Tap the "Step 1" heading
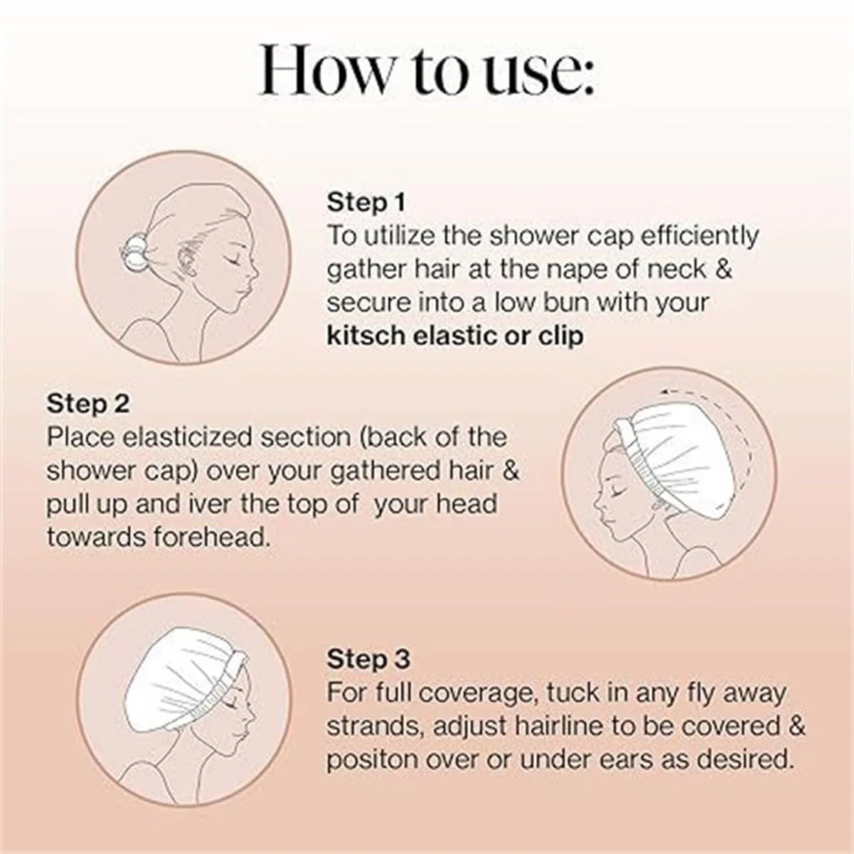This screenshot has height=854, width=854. coord(366,203)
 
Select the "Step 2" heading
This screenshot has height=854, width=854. coord(88,404)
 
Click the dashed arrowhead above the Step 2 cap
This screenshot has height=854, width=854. coord(665,391)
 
